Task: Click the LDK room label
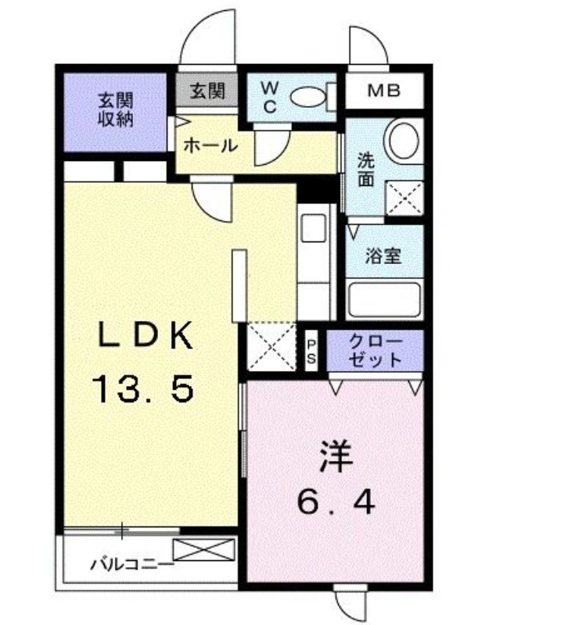[145, 337]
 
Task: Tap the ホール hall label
[210, 145]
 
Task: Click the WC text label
[268, 97]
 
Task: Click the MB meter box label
[384, 91]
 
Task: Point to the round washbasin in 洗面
[406, 141]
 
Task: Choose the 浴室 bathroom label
[383, 255]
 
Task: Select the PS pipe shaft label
[311, 349]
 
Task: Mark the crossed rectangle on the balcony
[204, 549]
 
